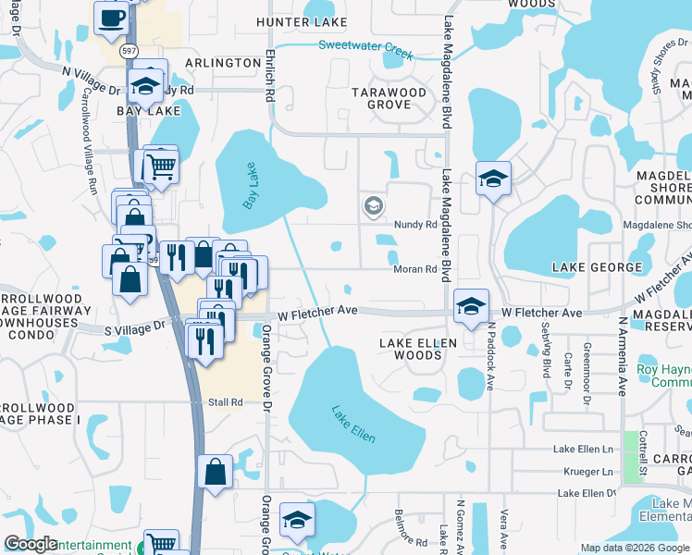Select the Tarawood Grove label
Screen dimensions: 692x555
tap(389, 98)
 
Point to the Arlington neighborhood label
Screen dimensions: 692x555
tap(223, 62)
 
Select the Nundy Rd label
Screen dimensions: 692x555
tap(414, 225)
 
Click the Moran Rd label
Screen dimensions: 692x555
tap(416, 269)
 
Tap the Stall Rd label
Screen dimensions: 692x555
tap(225, 402)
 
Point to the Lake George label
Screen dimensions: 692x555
tap(596, 267)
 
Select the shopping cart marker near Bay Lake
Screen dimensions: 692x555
tap(160, 167)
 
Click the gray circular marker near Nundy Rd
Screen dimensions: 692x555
tap(373, 205)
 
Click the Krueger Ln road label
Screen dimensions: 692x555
tap(594, 472)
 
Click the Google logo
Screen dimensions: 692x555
tap(31, 544)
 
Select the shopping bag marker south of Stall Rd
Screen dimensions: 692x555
tap(215, 472)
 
